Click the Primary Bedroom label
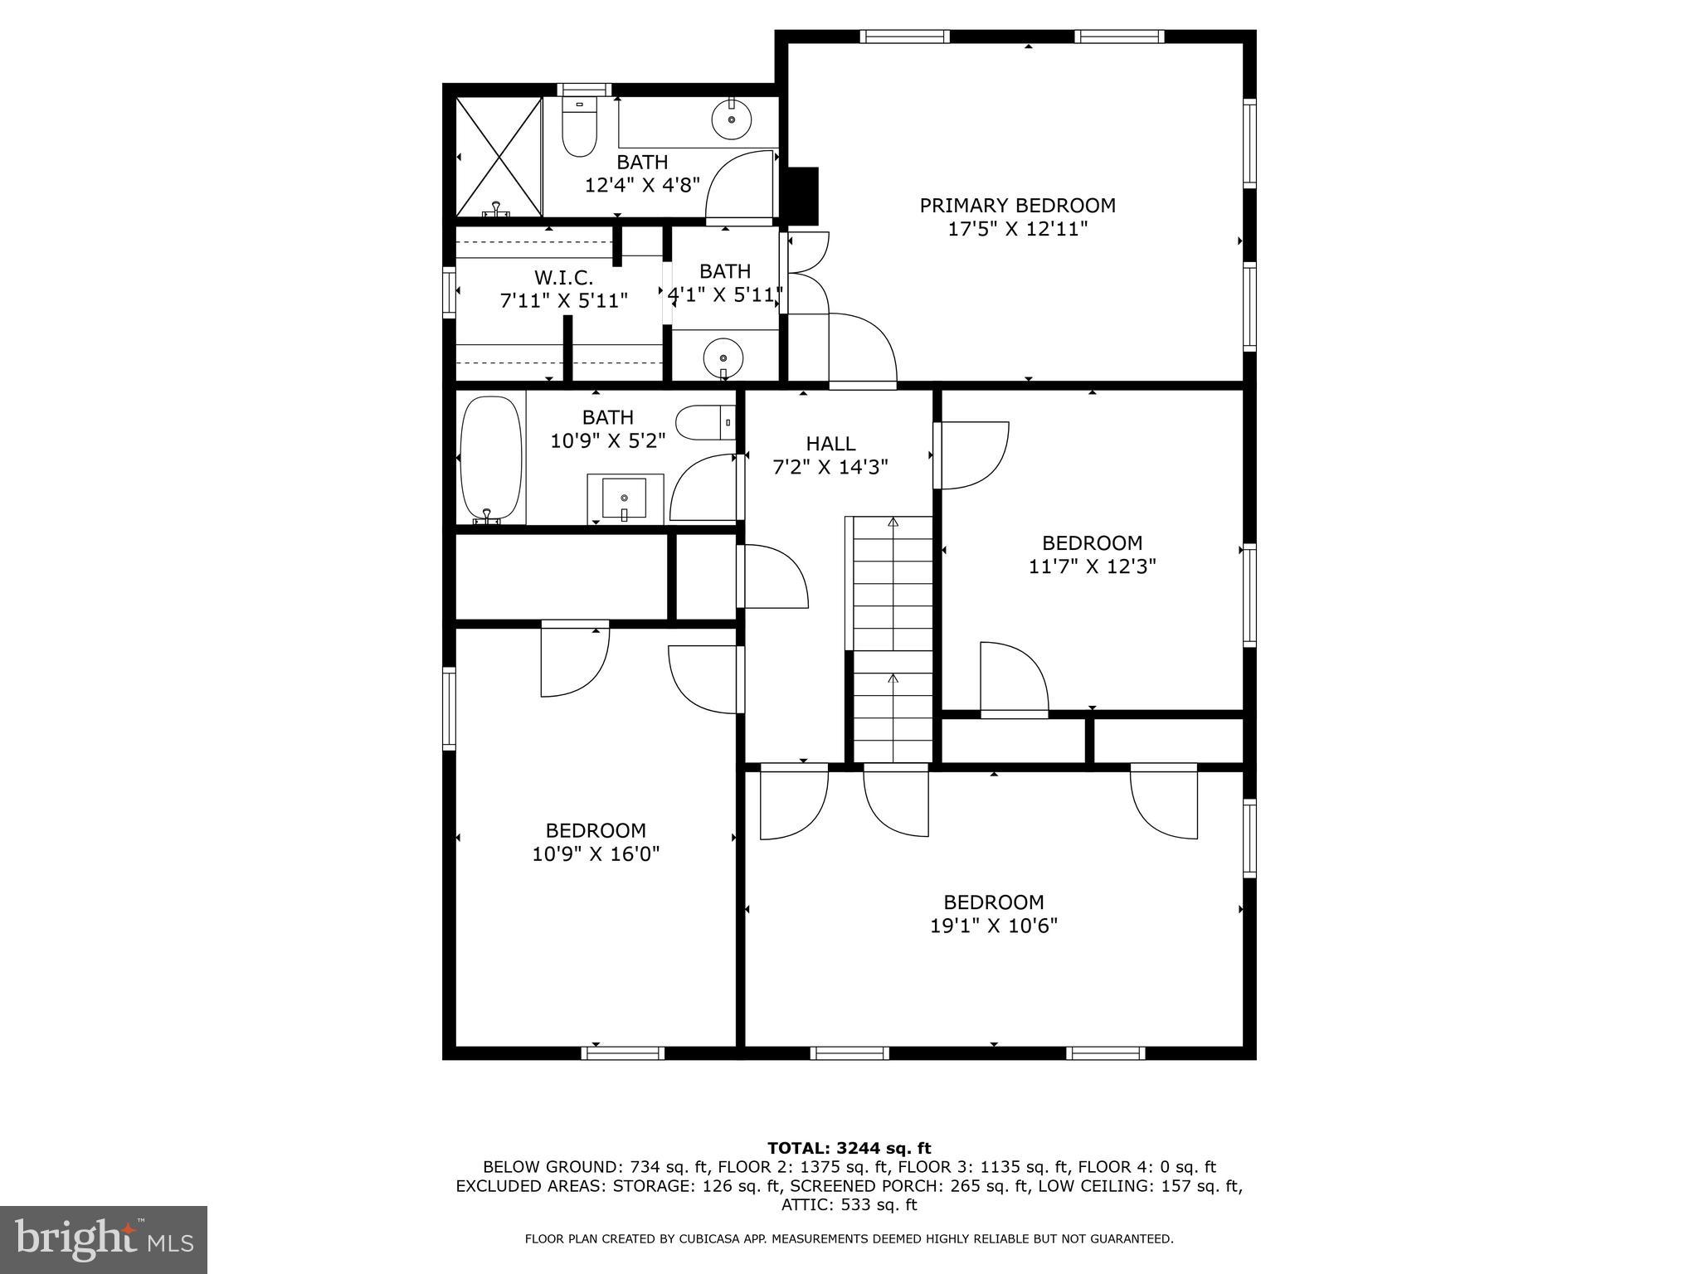tap(1017, 205)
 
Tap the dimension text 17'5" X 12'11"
tap(1017, 229)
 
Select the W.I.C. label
tap(563, 277)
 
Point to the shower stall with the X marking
tap(499, 156)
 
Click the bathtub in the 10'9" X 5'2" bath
tap(491, 459)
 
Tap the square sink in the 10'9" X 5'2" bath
tap(625, 498)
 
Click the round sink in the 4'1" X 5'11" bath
tap(723, 358)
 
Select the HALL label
tap(830, 444)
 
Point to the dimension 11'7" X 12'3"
tap(1092, 566)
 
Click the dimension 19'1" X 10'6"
tap(993, 926)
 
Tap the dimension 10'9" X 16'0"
tap(596, 854)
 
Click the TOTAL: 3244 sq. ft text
tap(849, 1149)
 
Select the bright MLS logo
tap(104, 1240)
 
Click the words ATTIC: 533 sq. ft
tap(849, 1205)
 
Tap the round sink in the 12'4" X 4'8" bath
tap(732, 120)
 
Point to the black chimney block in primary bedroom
tap(801, 196)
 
